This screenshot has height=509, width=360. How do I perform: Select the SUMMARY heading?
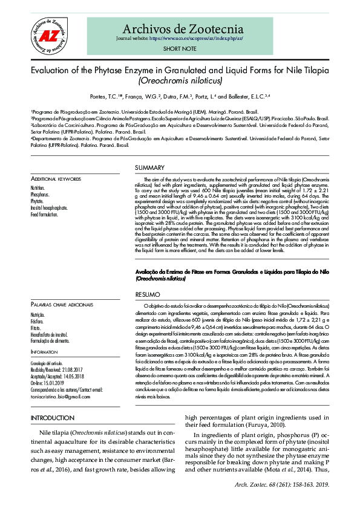[x=149, y=167]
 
